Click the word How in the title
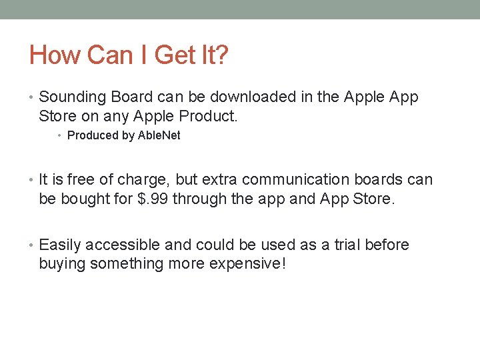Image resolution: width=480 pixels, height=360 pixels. (51, 55)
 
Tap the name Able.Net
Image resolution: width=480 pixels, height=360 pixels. (159, 135)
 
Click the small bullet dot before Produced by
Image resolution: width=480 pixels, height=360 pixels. (59, 136)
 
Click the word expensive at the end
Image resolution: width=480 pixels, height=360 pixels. (247, 264)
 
